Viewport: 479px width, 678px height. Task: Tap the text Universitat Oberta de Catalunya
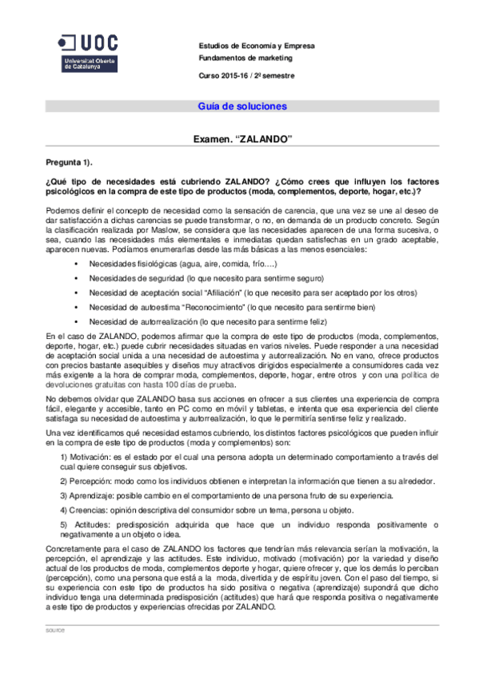[x=82, y=63]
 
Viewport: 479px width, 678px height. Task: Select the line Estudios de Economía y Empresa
[x=256, y=46]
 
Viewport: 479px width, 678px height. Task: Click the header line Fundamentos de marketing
[x=245, y=58]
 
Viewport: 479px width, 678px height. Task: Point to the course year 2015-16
[x=236, y=75]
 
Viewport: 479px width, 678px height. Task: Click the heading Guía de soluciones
[x=241, y=106]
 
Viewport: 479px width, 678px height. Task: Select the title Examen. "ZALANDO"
[x=243, y=139]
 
